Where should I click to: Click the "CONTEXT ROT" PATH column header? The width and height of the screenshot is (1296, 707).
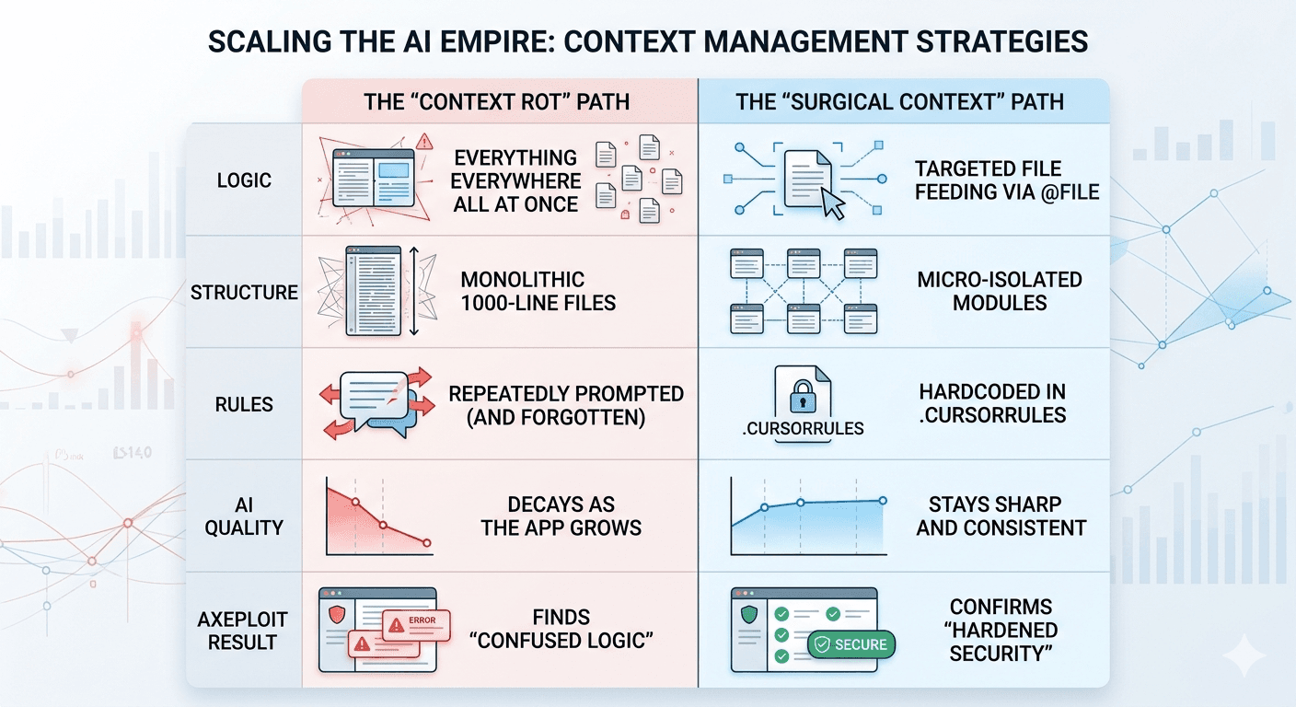click(x=497, y=100)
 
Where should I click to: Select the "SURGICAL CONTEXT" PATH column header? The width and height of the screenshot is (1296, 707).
click(x=899, y=100)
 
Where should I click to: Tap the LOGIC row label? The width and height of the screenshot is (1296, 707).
click(x=244, y=180)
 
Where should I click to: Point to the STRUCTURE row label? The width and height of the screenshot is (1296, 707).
click(x=244, y=293)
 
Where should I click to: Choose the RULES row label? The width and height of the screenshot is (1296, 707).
click(x=244, y=404)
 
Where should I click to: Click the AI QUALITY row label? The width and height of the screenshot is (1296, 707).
click(x=244, y=516)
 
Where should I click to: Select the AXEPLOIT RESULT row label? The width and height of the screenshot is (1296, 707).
click(x=244, y=630)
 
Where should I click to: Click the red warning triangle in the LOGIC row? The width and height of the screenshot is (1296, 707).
click(x=424, y=142)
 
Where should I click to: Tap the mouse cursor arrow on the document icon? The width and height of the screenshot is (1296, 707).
click(x=832, y=204)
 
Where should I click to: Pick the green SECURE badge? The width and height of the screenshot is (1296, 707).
click(x=850, y=645)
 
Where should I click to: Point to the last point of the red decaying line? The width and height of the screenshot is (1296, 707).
click(x=427, y=544)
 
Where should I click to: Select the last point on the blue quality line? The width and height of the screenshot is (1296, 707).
click(x=883, y=501)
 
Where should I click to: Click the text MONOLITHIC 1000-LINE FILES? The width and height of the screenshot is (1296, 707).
click(x=538, y=291)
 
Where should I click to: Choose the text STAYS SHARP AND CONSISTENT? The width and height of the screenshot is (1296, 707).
click(x=1001, y=516)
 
